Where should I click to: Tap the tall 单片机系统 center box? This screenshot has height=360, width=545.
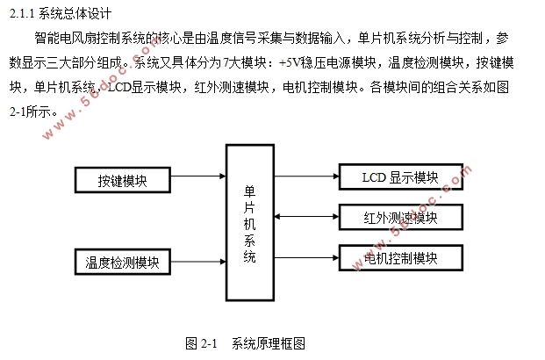[250, 223]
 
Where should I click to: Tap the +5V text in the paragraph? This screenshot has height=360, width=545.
[286, 63]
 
